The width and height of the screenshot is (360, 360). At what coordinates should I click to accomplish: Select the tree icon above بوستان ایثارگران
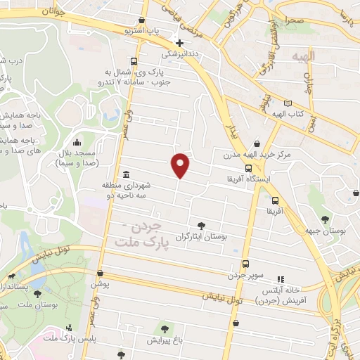coord(202,226)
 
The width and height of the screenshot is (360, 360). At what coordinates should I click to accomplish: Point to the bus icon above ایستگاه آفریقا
coord(248,168)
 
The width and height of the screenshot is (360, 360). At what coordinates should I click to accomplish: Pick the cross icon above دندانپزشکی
coord(180,42)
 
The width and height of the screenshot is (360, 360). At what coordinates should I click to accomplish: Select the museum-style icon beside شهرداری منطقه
coord(126,174)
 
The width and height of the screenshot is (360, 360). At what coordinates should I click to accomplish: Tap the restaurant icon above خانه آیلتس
coord(281,278)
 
